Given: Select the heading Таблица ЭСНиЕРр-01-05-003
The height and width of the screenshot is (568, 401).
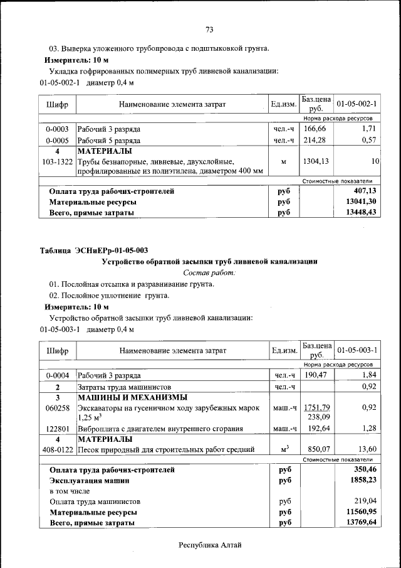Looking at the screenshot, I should (94, 250).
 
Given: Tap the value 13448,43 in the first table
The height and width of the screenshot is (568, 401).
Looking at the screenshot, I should (360, 213).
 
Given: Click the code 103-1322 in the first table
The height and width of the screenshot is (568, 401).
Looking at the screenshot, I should (57, 161).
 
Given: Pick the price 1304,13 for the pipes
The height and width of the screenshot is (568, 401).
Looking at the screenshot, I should (316, 161).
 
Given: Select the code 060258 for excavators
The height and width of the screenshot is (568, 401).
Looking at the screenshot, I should (57, 407).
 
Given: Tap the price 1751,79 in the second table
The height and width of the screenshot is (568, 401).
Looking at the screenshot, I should (316, 407).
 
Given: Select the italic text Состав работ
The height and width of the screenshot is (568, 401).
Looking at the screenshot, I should (209, 273).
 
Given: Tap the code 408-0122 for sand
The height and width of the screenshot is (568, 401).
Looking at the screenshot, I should (57, 449).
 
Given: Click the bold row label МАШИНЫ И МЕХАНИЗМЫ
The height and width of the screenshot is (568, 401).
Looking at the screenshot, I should (132, 397).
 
